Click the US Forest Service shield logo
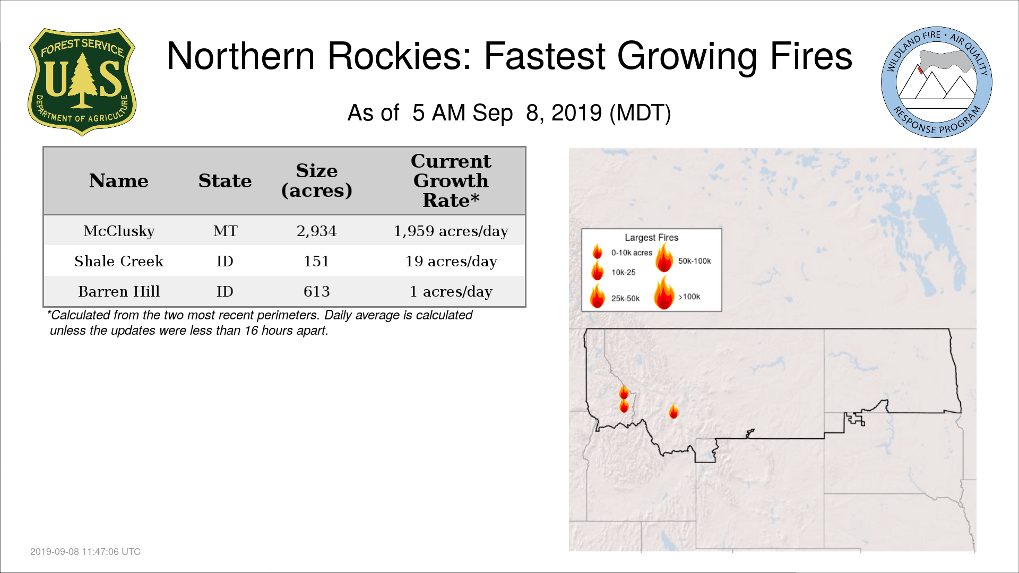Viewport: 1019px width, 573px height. coord(82,82)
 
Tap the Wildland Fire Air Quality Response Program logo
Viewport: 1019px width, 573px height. coord(937,82)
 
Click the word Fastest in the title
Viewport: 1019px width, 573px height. coord(545,56)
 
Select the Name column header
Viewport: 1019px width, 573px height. coord(119,181)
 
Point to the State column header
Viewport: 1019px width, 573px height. coord(225,181)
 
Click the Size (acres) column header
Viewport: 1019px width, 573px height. coord(317,180)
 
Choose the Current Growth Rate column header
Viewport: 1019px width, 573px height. coord(451,180)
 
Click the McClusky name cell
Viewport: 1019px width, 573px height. coord(119,231)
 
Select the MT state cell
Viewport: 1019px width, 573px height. coord(225,231)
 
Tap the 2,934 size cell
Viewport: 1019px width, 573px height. coord(317,231)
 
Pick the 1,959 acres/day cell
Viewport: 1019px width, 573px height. coord(451,231)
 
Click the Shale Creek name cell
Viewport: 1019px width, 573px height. coord(119,261)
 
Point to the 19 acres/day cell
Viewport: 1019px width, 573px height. coord(451,262)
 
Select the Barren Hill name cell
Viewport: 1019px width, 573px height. coord(119,291)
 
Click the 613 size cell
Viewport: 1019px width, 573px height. coord(317,291)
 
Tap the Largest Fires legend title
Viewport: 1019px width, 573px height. coord(651,238)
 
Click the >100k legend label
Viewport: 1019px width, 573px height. coord(689,297)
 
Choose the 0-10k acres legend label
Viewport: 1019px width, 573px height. coord(632,253)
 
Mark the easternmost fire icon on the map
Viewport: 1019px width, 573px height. coord(673,411)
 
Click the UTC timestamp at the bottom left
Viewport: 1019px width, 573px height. coord(85,552)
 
